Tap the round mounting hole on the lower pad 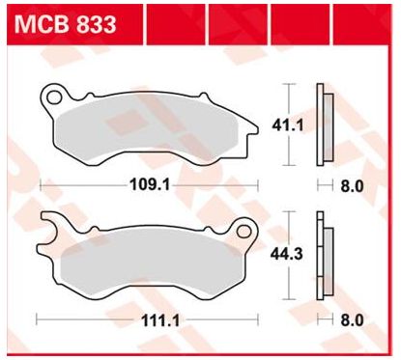pos(237,228)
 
